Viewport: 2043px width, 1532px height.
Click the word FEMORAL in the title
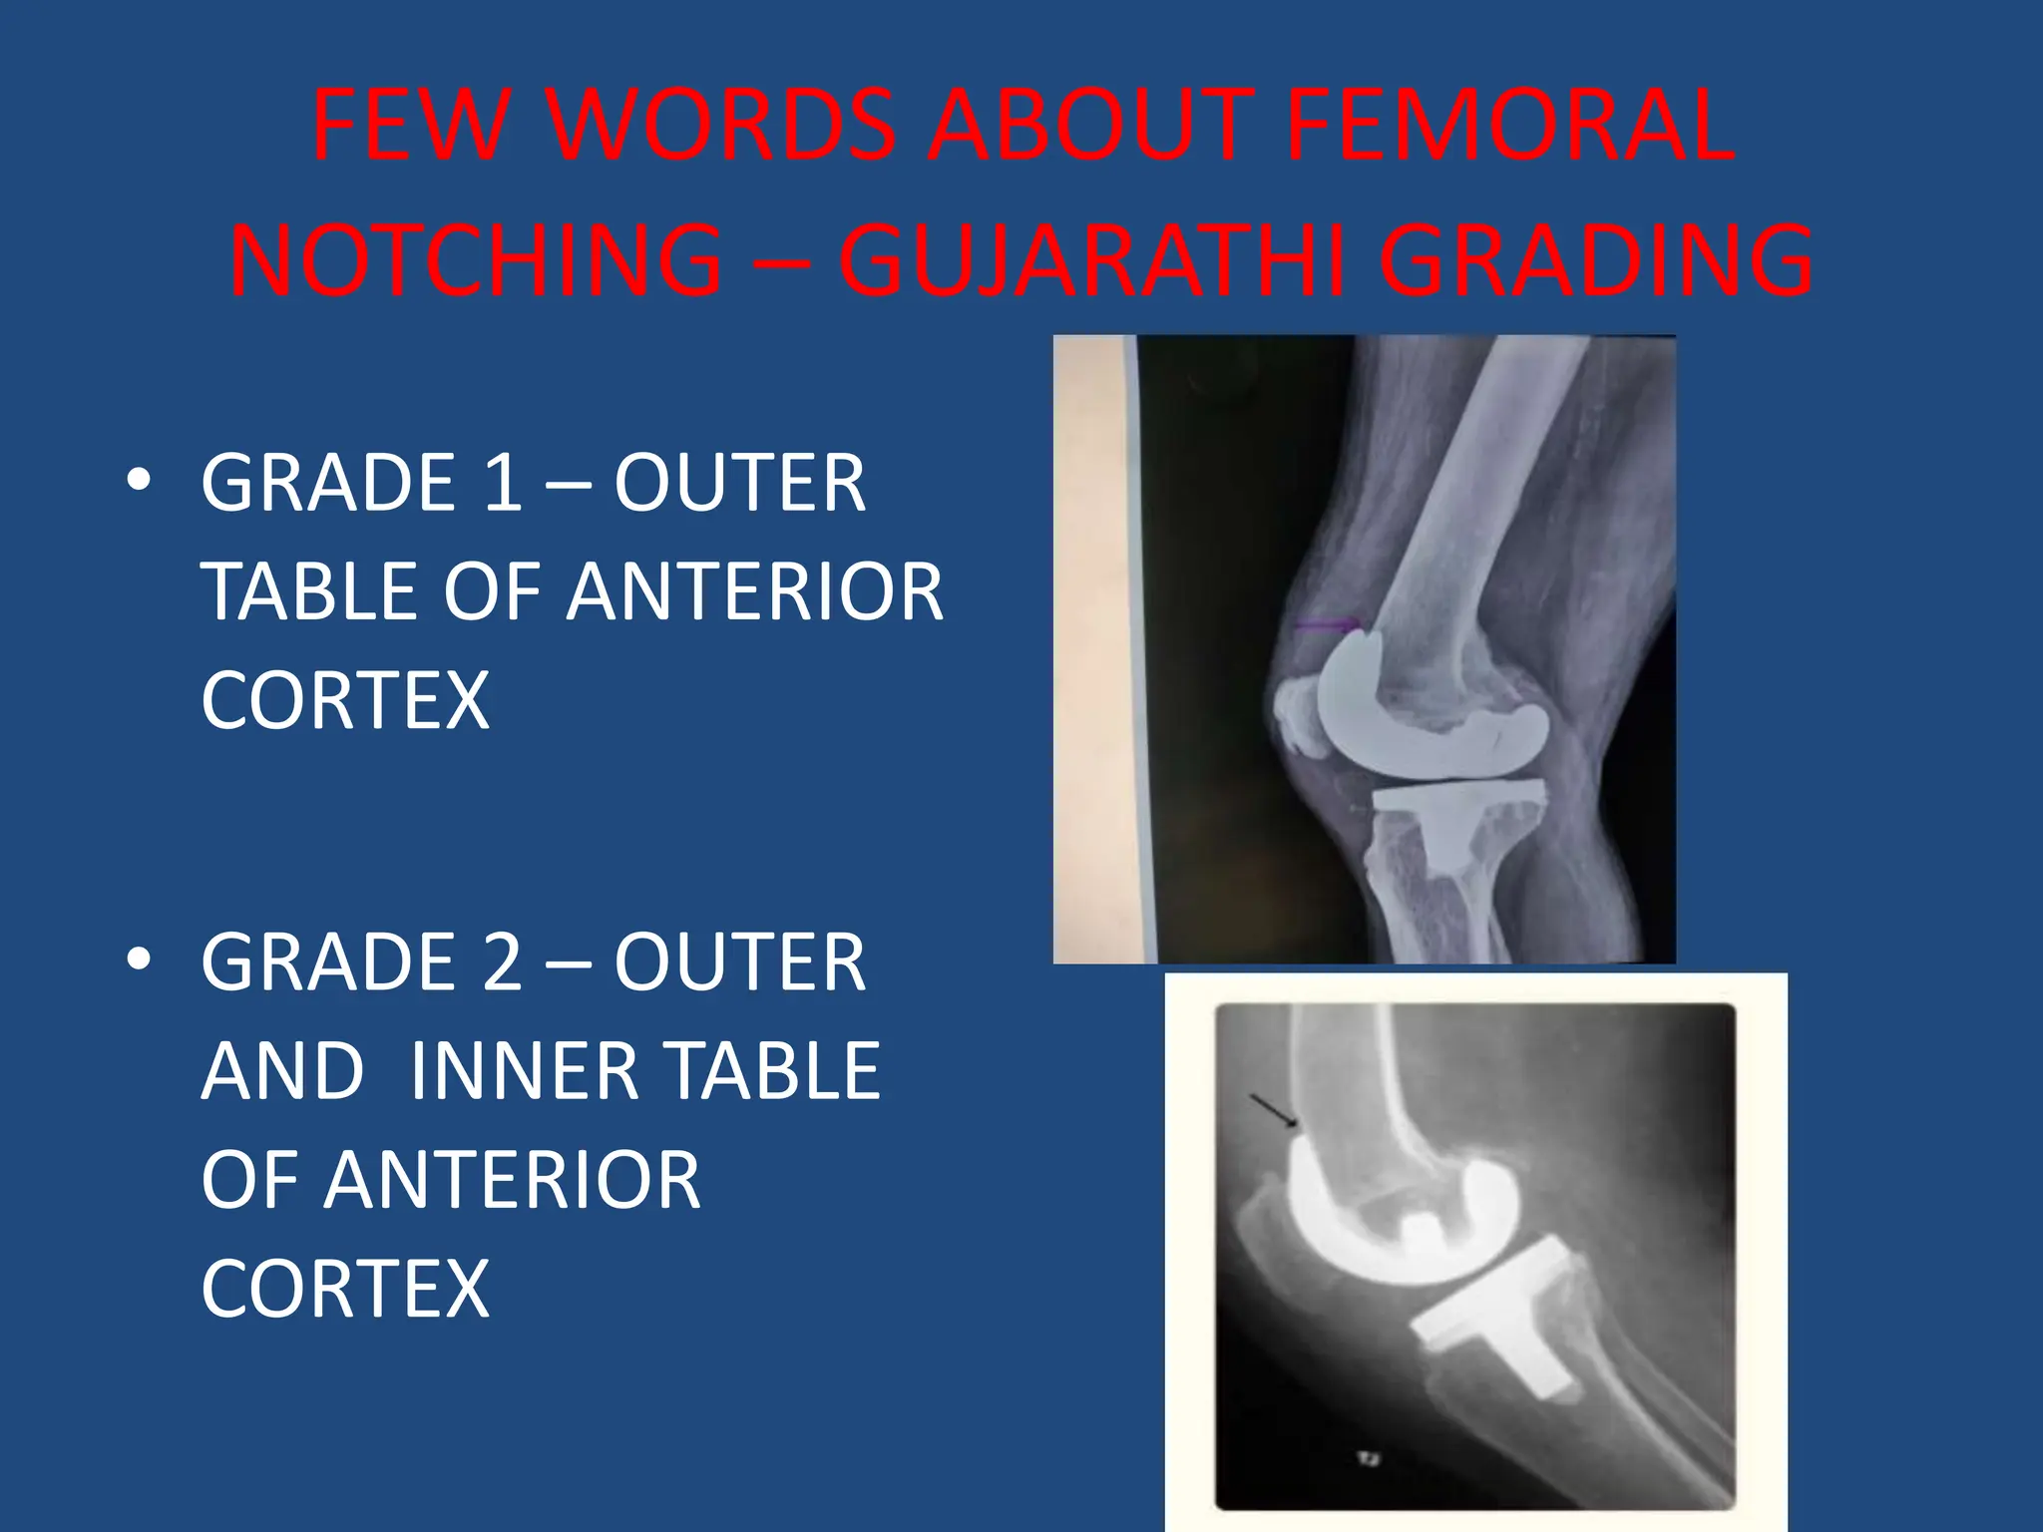click(x=1510, y=127)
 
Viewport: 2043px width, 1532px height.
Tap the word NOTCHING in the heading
click(x=477, y=261)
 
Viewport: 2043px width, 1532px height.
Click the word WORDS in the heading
click(x=720, y=127)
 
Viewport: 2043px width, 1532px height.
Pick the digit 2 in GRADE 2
click(x=503, y=962)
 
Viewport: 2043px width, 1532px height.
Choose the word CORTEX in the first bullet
click(x=345, y=701)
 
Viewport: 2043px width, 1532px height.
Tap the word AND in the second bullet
click(x=283, y=1071)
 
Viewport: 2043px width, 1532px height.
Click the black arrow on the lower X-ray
click(x=1275, y=1111)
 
